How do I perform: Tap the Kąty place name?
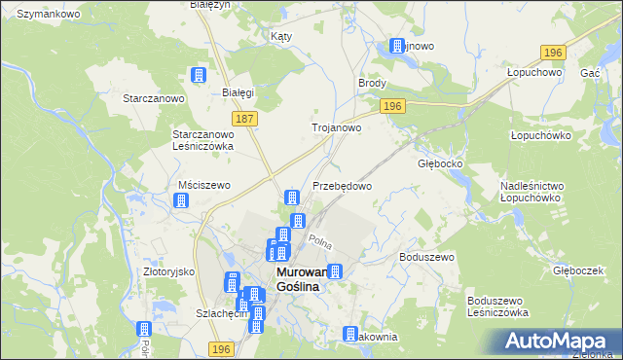pyautogui.click(x=281, y=36)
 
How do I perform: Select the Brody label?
pyautogui.click(x=373, y=84)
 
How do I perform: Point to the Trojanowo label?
pyautogui.click(x=336, y=127)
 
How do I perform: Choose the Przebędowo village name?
pyautogui.click(x=342, y=185)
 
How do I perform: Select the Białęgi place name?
pyautogui.click(x=238, y=92)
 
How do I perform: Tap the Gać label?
pyautogui.click(x=589, y=74)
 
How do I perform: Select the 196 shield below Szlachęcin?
pyautogui.click(x=222, y=348)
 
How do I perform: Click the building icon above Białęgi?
pyautogui.click(x=200, y=76)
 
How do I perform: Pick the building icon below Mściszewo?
pyautogui.click(x=180, y=201)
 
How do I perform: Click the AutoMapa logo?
pyautogui.click(x=561, y=342)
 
